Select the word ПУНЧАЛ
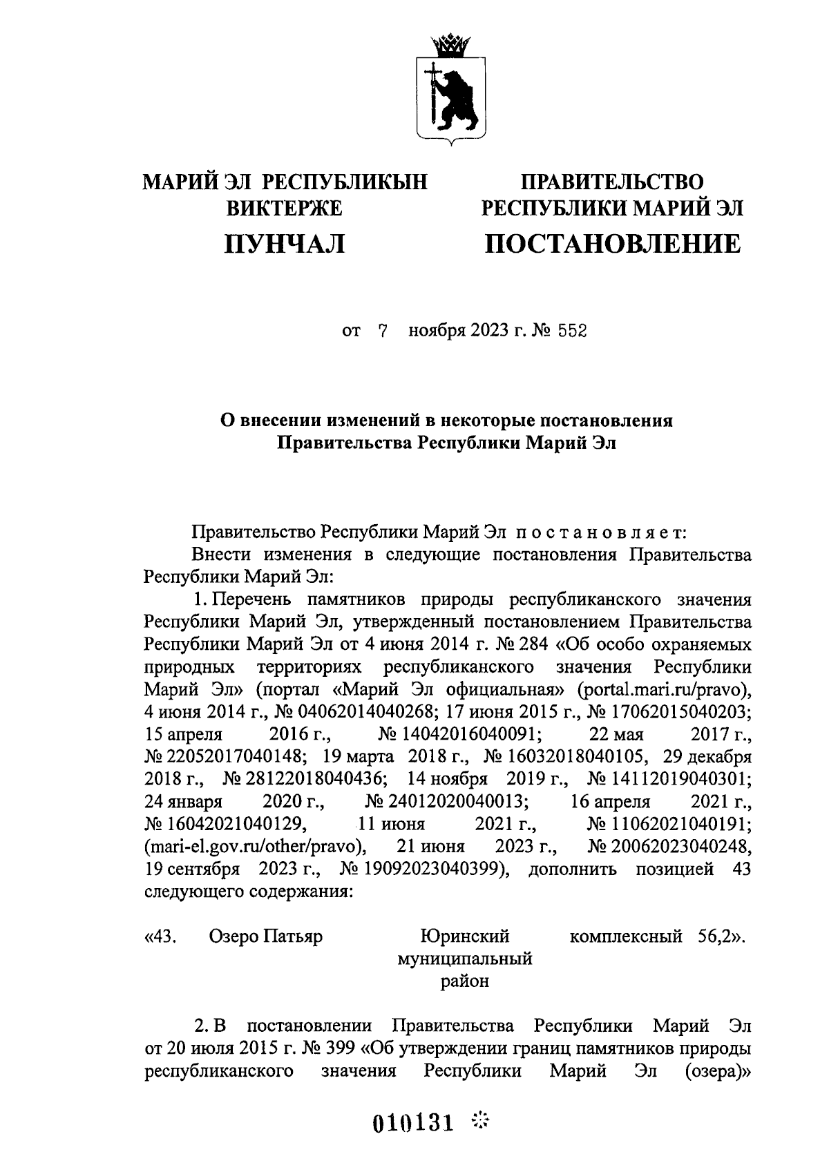coord(285,244)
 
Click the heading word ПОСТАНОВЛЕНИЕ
coord(612,244)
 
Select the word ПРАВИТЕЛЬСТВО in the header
coord(612,182)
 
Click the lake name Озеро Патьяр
coord(265,937)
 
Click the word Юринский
coord(465,937)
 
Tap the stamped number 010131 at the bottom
coord(413,1124)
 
